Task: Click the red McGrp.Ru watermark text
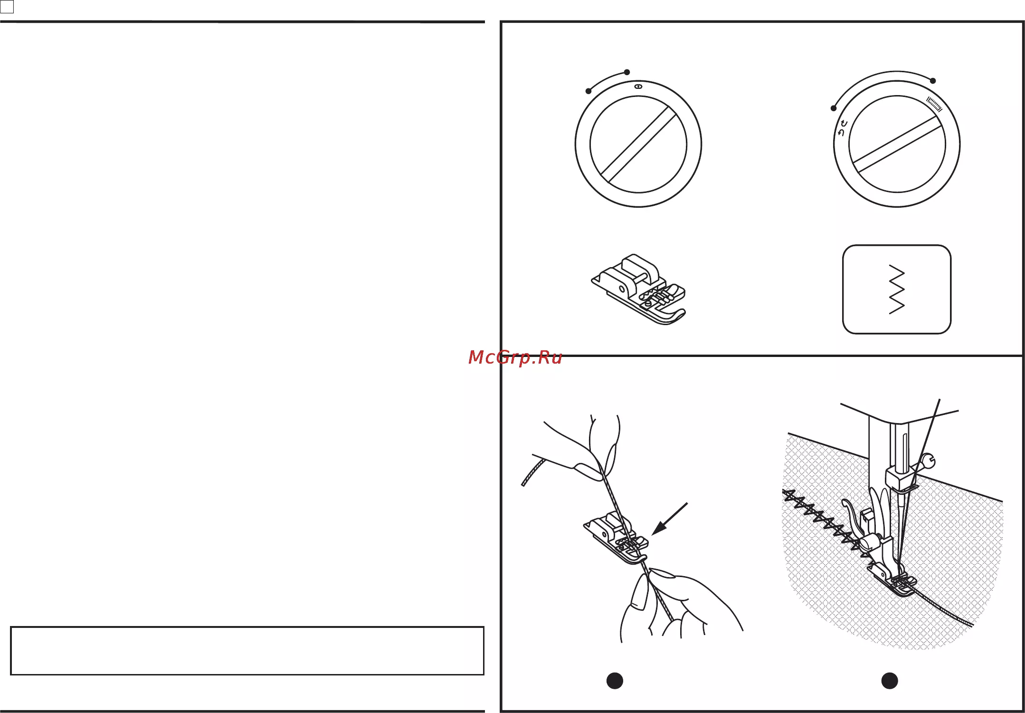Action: pyautogui.click(x=515, y=357)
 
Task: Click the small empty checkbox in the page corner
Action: pyautogui.click(x=7, y=7)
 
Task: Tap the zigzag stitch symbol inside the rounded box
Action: pyautogui.click(x=896, y=289)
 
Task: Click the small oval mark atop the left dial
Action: pyautogui.click(x=638, y=87)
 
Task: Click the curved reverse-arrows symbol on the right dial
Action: pyautogui.click(x=842, y=129)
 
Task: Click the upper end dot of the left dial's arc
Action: pyautogui.click(x=627, y=72)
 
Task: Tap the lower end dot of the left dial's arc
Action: pyautogui.click(x=588, y=91)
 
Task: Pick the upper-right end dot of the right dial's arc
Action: pyautogui.click(x=933, y=81)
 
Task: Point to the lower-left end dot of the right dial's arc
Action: pyautogui.click(x=833, y=108)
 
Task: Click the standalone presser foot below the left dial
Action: pyautogui.click(x=638, y=289)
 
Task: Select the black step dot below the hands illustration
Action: pyautogui.click(x=615, y=681)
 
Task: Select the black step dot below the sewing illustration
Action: pyautogui.click(x=889, y=681)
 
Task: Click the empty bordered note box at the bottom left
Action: pyautogui.click(x=247, y=651)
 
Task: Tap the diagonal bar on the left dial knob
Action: pyautogui.click(x=638, y=145)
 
